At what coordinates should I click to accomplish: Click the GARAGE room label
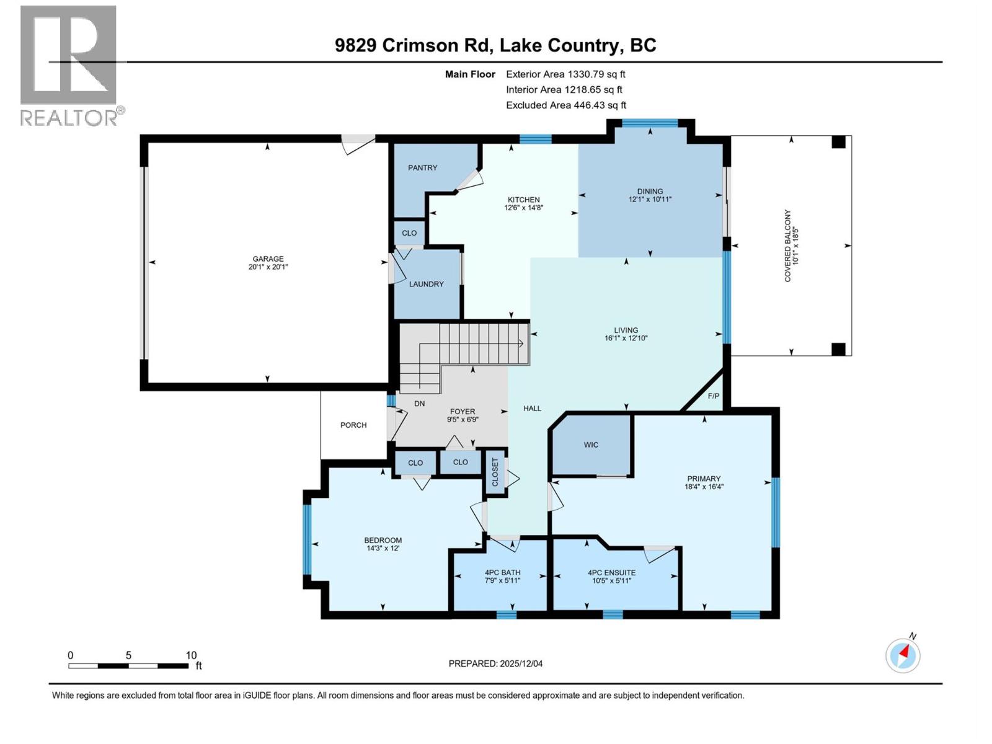268,259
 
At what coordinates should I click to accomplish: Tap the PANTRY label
422,168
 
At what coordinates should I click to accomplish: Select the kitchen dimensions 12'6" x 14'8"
523,208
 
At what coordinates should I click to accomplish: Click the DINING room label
650,192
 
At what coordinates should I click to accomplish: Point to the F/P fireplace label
713,396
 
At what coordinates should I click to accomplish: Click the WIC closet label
591,445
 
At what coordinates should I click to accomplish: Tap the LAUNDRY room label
427,284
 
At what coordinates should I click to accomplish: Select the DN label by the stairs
419,404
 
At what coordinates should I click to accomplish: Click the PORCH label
353,425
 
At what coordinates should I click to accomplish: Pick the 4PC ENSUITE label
611,573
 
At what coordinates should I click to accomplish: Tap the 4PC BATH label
502,573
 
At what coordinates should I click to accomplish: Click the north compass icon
903,655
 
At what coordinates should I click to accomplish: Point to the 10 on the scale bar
191,655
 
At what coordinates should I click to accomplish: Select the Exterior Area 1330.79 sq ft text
565,74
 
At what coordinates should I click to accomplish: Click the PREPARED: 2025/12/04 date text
495,663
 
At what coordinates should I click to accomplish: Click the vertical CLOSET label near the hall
495,472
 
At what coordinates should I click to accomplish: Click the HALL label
532,409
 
